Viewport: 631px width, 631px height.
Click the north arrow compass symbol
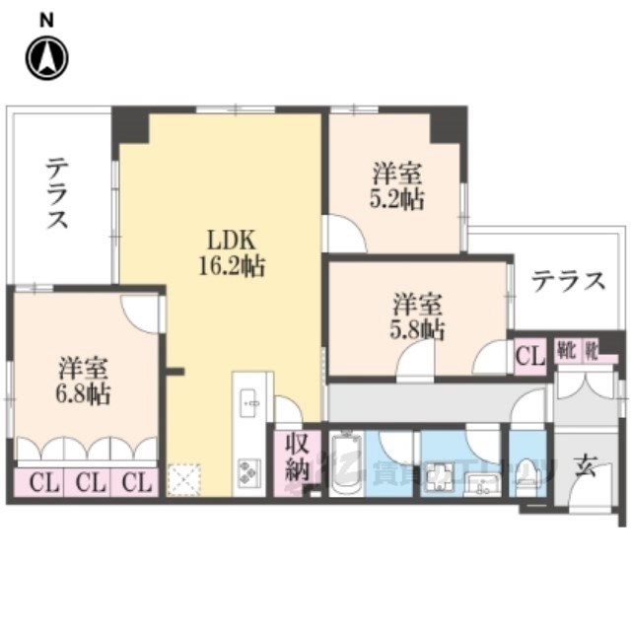pos(47,58)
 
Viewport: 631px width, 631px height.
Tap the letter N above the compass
pos(46,20)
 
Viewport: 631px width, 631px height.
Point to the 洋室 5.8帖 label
pos(418,316)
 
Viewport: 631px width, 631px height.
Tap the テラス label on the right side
pos(568,282)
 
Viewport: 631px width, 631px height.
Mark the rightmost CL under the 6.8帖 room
pos(137,483)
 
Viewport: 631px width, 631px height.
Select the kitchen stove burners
pos(246,470)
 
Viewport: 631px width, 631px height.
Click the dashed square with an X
pos(185,480)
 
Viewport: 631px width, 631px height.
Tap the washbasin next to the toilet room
pos(483,483)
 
